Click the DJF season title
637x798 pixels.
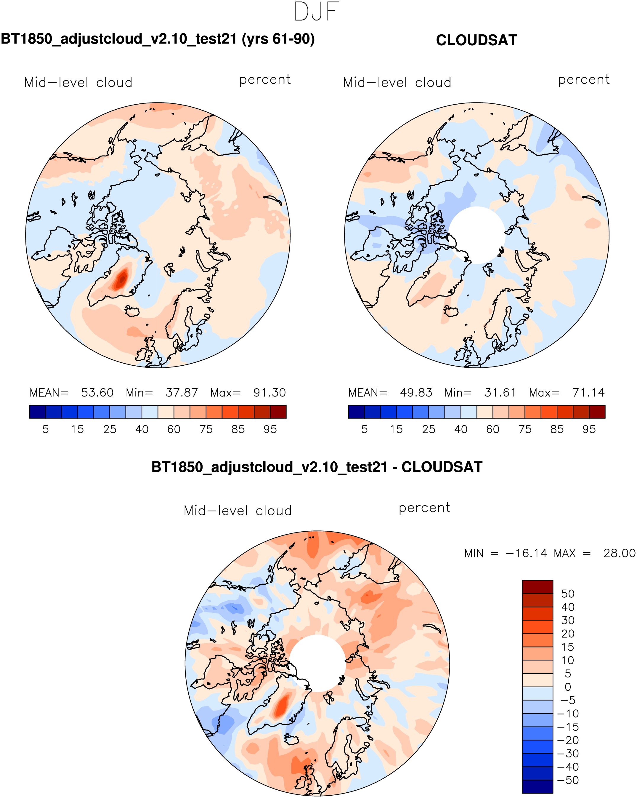click(x=317, y=12)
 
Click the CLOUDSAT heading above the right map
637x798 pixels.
click(x=476, y=40)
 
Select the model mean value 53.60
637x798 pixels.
click(x=97, y=392)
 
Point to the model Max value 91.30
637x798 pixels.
click(x=269, y=392)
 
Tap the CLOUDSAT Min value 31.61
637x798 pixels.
click(x=500, y=392)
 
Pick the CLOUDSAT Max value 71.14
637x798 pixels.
click(x=588, y=392)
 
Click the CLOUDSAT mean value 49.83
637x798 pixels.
click(x=416, y=392)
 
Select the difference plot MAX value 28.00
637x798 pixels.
click(x=619, y=553)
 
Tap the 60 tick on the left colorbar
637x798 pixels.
click(x=174, y=429)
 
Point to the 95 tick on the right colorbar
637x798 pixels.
click(x=589, y=429)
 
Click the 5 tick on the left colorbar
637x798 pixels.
click(x=46, y=429)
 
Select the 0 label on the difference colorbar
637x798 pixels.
click(x=568, y=687)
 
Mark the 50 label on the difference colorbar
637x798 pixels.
click(x=568, y=594)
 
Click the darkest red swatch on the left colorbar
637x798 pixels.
click(x=278, y=412)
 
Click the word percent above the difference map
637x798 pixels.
click(x=424, y=508)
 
